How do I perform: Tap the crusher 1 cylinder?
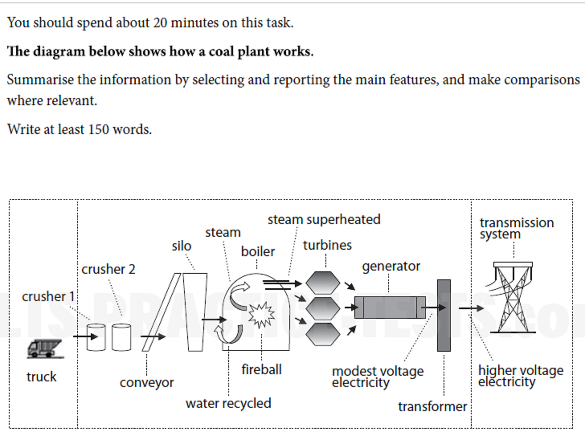pyautogui.click(x=96, y=337)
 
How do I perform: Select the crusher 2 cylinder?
pyautogui.click(x=121, y=337)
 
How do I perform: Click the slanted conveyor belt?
pyautogui.click(x=161, y=312)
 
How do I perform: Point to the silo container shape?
pyautogui.click(x=196, y=312)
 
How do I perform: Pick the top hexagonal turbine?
pyautogui.click(x=323, y=283)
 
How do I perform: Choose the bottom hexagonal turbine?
pyautogui.click(x=323, y=334)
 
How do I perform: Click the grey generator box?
pyautogui.click(x=389, y=308)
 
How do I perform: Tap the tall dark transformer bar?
pyautogui.click(x=444, y=316)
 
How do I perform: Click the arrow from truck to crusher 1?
pyautogui.click(x=85, y=336)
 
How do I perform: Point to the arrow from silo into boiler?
pyautogui.click(x=214, y=320)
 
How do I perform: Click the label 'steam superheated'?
pyautogui.click(x=324, y=220)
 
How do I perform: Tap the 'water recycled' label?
pyautogui.click(x=228, y=403)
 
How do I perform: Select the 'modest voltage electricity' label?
pyautogui.click(x=377, y=377)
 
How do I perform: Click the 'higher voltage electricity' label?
pyautogui.click(x=520, y=376)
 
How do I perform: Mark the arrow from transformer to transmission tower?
pyautogui.click(x=471, y=308)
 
